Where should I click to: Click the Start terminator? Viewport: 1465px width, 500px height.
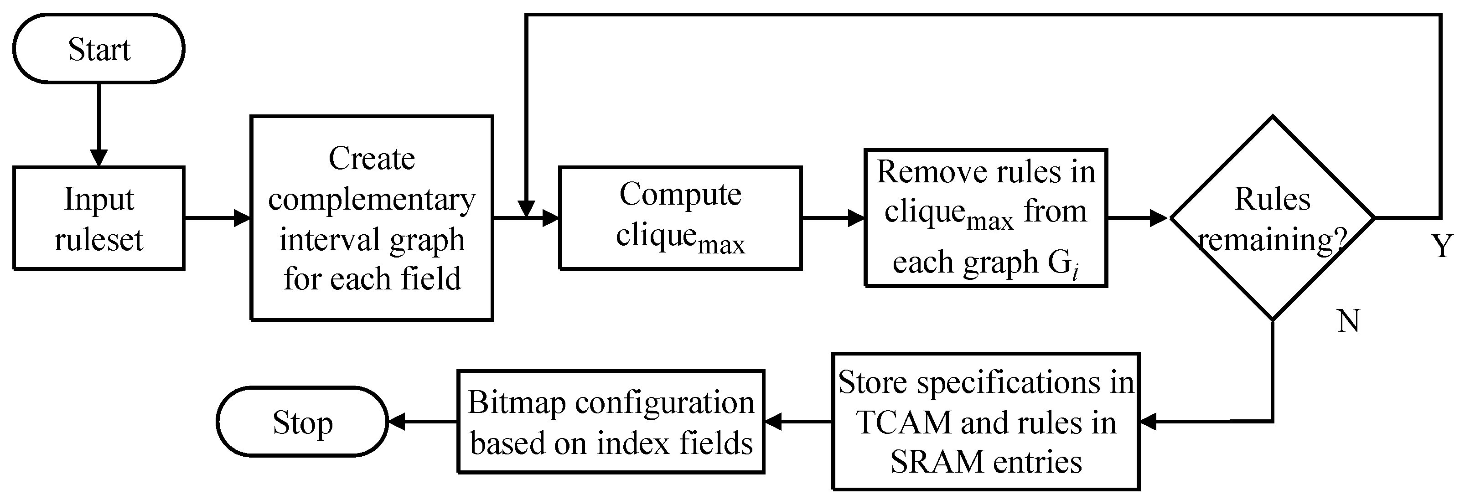[98, 49]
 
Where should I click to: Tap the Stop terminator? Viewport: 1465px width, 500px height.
[302, 422]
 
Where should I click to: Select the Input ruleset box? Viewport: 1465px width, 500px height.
[98, 218]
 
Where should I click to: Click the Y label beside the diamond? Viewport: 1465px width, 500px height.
[1441, 247]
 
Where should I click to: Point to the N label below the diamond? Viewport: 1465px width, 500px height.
[1348, 322]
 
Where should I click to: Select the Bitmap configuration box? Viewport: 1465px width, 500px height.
[611, 422]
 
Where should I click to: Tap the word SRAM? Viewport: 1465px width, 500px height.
[931, 461]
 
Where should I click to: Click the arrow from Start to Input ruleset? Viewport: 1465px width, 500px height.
[98, 125]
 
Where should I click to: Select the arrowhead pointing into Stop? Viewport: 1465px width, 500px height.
[396, 422]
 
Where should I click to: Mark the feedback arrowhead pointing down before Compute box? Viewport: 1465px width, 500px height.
[527, 208]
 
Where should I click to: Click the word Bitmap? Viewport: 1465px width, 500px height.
[517, 403]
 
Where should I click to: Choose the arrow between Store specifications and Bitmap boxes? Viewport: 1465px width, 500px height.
[798, 422]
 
